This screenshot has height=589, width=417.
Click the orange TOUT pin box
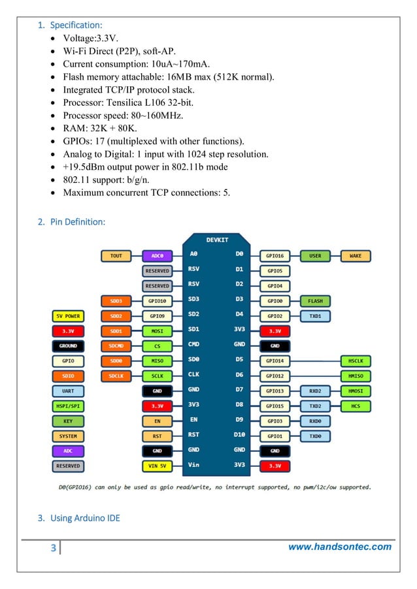click(x=116, y=256)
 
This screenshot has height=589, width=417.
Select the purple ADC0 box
click(x=158, y=256)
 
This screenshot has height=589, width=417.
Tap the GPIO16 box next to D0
click(x=275, y=256)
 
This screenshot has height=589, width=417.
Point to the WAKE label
click(x=356, y=256)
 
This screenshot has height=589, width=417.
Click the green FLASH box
click(x=315, y=301)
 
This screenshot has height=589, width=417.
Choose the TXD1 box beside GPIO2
click(x=315, y=316)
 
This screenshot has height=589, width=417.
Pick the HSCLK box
click(x=356, y=361)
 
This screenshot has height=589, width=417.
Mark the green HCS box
click(x=356, y=406)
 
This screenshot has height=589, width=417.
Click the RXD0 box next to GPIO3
click(x=315, y=421)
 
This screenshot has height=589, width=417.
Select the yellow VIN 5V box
click(x=158, y=466)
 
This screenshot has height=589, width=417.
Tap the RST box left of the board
click(x=158, y=436)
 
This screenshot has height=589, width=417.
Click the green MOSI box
click(x=158, y=331)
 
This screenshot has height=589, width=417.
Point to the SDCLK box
click(x=116, y=376)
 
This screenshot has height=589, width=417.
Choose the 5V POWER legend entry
click(x=68, y=316)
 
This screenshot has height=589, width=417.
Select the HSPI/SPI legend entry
click(x=68, y=406)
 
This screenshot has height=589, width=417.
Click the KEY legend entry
click(x=68, y=421)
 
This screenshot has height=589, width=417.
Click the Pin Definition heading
click(x=77, y=222)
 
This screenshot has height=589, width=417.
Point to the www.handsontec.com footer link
click(x=340, y=547)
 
